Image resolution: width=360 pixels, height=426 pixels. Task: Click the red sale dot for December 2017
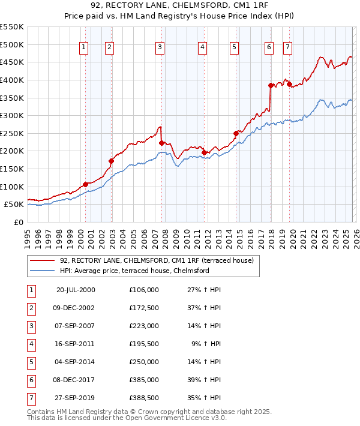pos(271,85)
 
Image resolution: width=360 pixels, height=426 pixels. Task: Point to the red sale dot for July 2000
pos(85,184)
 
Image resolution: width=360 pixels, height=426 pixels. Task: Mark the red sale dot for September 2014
pos(236,133)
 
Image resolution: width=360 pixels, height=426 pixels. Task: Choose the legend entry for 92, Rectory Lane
pos(157,260)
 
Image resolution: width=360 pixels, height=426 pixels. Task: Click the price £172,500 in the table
pos(144,308)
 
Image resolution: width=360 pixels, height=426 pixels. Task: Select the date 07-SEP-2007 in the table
pos(76,326)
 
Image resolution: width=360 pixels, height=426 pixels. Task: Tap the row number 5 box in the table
pos(31,362)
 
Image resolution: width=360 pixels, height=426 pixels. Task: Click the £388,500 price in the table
pos(144,398)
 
